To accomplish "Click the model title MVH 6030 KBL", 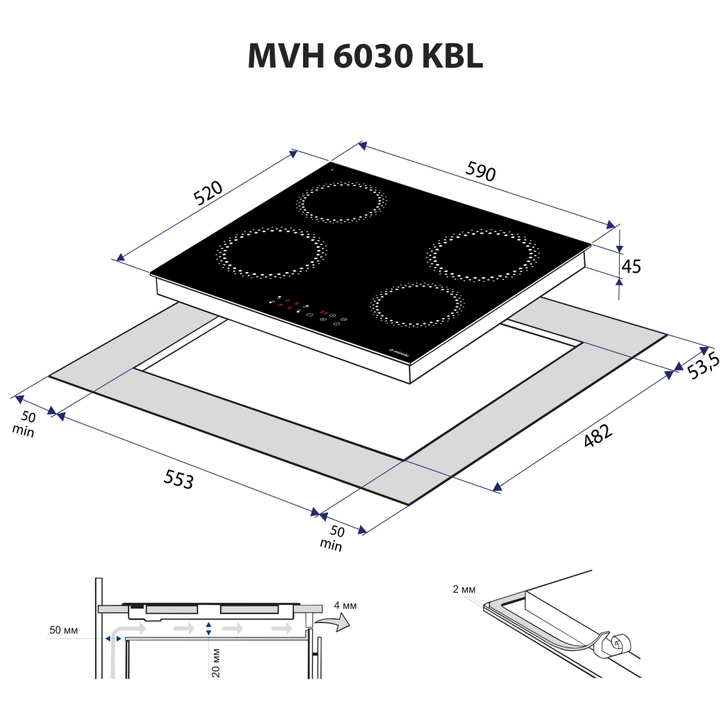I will coord(365,56).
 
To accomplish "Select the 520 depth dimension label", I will coord(209,193).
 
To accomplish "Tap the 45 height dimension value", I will coord(631,266).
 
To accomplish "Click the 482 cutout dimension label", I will coord(597,435).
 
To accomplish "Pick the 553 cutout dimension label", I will coord(178,481).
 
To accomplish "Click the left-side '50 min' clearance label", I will coord(26,424).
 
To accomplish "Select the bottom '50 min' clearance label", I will coord(334,538).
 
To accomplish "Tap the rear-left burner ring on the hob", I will coord(342,202).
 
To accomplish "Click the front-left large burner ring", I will coord(270,252).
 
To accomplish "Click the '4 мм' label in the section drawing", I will coord(345,606).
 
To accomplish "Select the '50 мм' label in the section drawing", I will coord(64,630).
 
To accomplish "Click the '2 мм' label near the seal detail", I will coord(464,589).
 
